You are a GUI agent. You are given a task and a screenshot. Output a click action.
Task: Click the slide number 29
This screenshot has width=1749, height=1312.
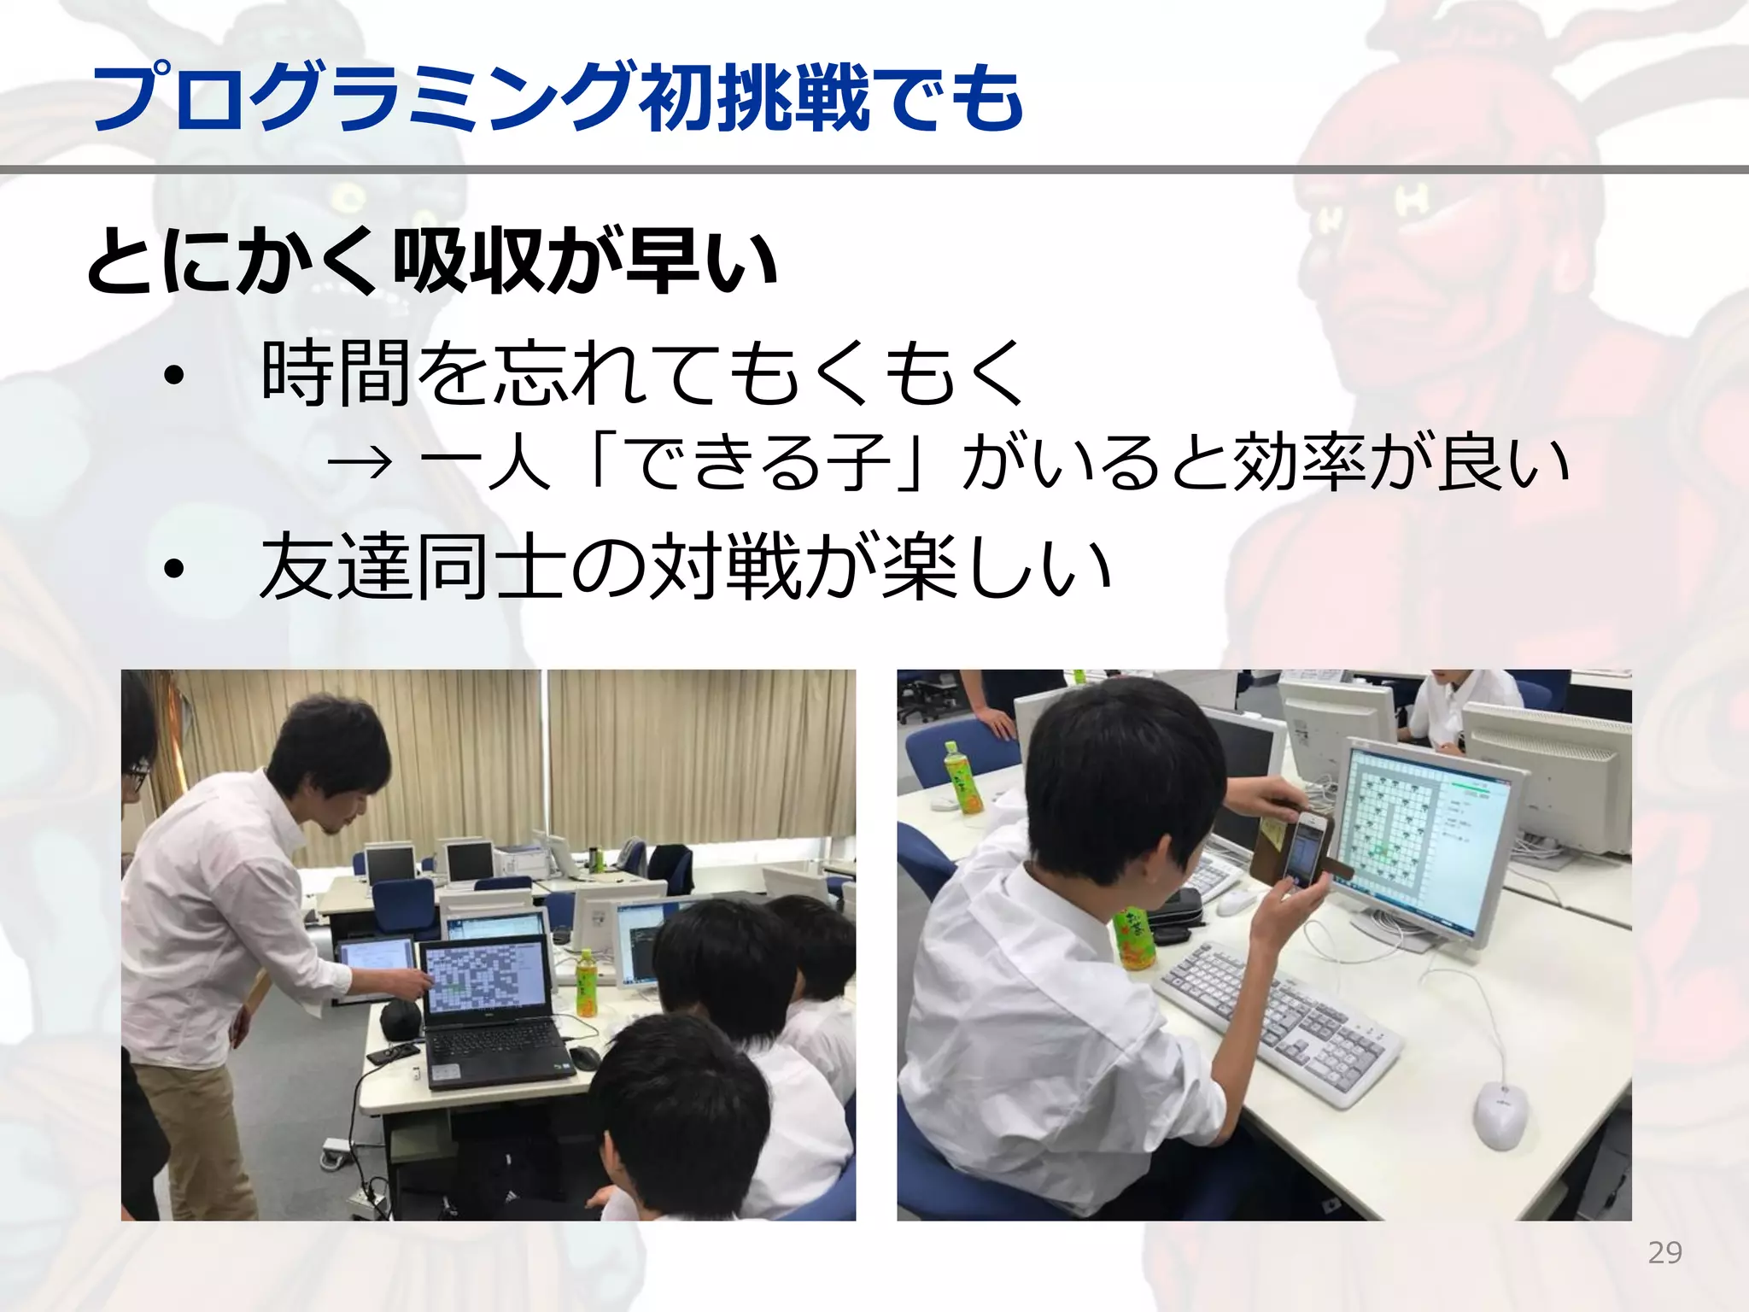[1664, 1252]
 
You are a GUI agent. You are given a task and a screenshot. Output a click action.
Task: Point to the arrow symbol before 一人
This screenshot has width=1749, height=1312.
[360, 464]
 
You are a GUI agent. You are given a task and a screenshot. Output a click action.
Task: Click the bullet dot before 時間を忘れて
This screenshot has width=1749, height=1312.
[174, 376]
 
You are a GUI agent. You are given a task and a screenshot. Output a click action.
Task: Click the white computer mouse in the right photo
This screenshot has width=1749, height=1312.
[1499, 1114]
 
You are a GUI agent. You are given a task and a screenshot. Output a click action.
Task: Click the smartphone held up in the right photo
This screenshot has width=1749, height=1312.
[1304, 850]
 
